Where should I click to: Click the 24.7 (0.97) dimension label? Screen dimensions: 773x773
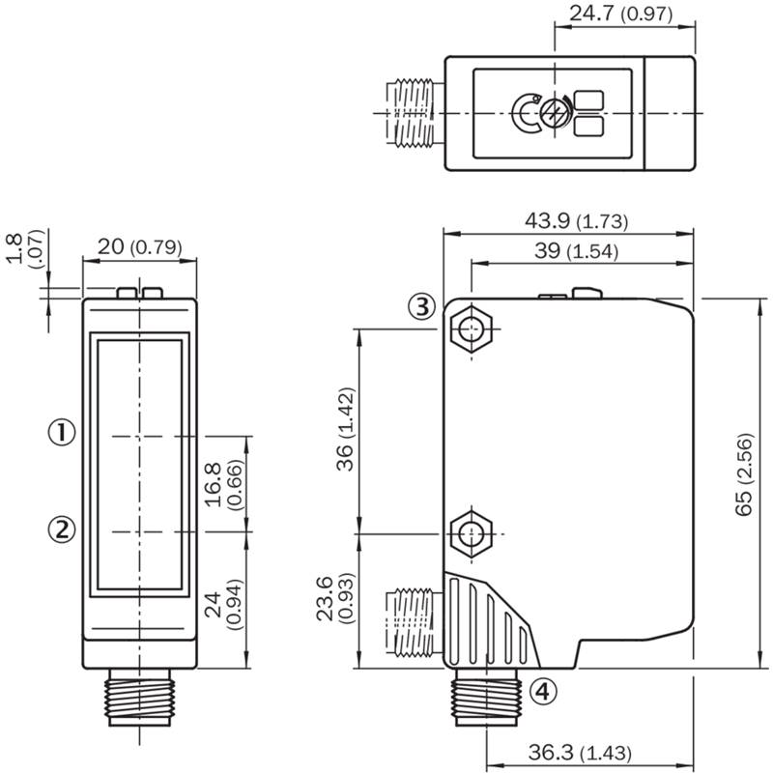coord(620,14)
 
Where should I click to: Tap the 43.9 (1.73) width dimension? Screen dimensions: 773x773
coord(576,221)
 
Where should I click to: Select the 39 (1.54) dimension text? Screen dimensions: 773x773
coord(576,251)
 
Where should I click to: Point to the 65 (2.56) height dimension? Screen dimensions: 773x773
coord(744,474)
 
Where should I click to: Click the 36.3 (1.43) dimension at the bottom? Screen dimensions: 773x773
coord(580,753)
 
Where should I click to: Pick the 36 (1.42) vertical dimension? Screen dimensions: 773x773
coord(347,429)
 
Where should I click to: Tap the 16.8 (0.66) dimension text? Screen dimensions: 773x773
coord(224,485)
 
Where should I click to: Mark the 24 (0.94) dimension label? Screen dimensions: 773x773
coord(224,605)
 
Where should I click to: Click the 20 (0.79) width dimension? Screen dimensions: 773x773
coord(139,247)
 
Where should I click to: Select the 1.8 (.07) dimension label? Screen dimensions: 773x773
coord(26,248)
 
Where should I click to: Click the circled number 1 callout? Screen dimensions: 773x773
coord(62,433)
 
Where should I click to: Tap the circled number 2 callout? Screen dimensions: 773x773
coord(62,530)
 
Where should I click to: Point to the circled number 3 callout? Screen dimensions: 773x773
coord(422,306)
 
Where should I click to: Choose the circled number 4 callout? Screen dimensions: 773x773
coord(543,691)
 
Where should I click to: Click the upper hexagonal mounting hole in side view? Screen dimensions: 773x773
coord(472,329)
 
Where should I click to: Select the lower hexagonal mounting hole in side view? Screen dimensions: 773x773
coord(472,534)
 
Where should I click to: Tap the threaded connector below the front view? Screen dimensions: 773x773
coord(139,697)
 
